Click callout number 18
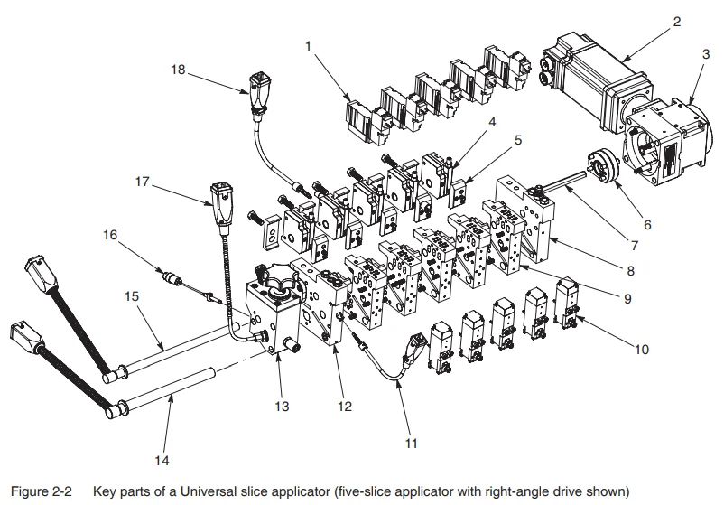tap(178, 69)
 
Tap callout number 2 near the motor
tap(675, 23)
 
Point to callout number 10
tap(640, 349)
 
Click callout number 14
tap(162, 461)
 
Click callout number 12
tap(344, 407)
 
